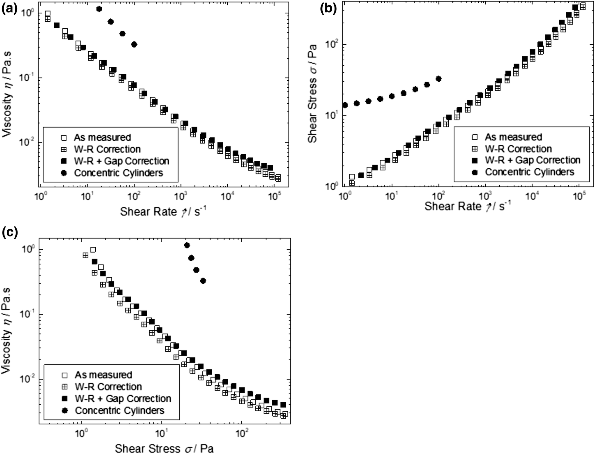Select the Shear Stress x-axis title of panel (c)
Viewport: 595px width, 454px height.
(x=164, y=448)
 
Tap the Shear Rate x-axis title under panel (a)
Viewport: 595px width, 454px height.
(x=161, y=211)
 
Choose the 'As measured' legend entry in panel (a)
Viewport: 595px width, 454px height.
(x=102, y=137)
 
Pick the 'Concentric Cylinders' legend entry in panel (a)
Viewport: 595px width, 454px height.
(x=118, y=173)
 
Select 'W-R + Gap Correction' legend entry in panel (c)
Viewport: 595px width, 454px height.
(x=123, y=399)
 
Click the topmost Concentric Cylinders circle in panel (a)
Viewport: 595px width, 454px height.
(x=99, y=9)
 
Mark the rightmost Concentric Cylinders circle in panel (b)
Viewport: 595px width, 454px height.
(x=439, y=79)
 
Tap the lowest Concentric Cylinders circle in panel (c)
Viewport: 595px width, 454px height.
(x=203, y=281)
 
